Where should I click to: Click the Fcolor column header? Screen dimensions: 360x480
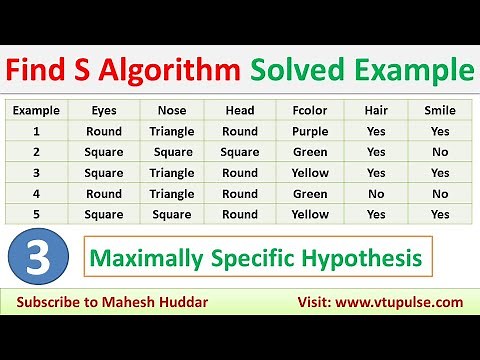pyautogui.click(x=311, y=111)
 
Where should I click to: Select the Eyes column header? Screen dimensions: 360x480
pyautogui.click(x=103, y=111)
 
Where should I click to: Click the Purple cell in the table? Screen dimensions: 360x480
pyautogui.click(x=311, y=132)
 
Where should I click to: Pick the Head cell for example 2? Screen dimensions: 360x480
pyautogui.click(x=240, y=152)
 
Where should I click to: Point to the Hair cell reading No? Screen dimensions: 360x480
pyautogui.click(x=376, y=194)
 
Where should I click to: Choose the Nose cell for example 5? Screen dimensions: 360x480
pyautogui.click(x=173, y=214)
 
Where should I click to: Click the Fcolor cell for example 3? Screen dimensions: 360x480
pyautogui.click(x=311, y=173)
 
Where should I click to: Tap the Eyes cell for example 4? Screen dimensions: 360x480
pyautogui.click(x=103, y=194)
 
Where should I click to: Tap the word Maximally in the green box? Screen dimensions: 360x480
pyautogui.click(x=139, y=259)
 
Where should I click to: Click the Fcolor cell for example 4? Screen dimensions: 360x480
pyautogui.click(x=311, y=194)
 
